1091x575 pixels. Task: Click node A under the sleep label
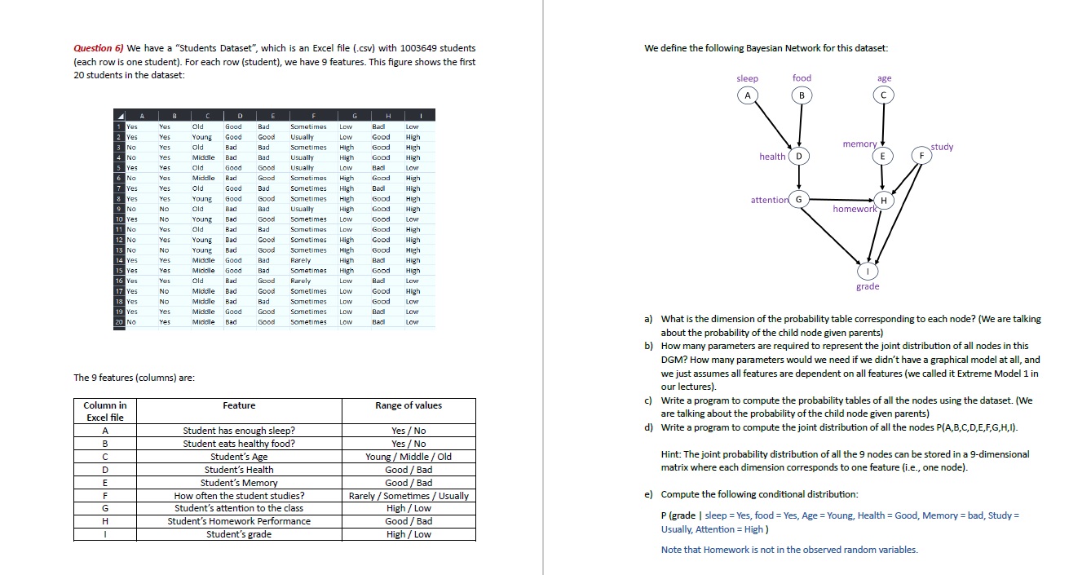746,95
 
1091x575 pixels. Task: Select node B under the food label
802,95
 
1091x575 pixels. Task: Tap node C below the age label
884,95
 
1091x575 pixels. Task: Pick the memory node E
884,156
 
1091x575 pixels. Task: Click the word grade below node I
868,286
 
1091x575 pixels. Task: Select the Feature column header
239,405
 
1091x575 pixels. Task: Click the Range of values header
408,405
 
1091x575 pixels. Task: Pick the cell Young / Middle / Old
408,457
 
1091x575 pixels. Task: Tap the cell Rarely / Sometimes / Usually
408,495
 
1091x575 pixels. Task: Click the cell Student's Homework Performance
239,521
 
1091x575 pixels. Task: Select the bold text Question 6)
99,48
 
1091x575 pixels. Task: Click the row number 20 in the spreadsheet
119,322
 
